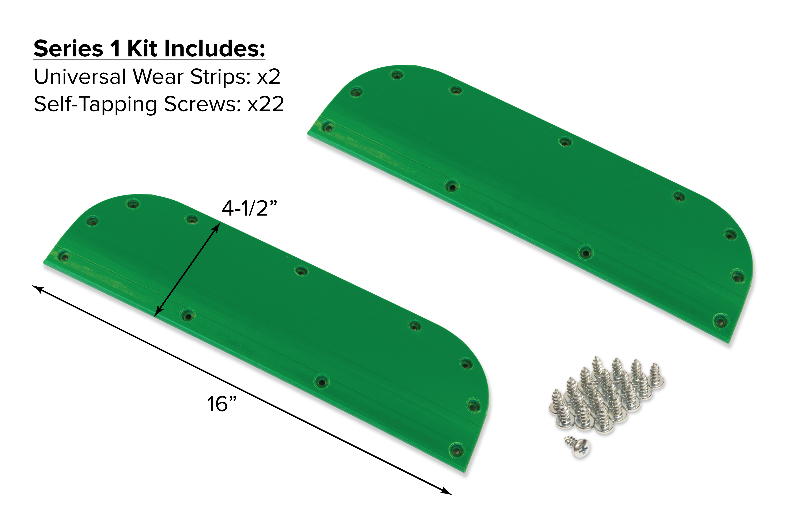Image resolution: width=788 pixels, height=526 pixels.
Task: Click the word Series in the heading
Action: click(x=68, y=49)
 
